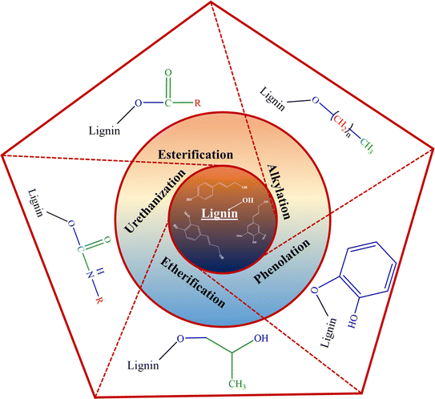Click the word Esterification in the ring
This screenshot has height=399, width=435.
pyautogui.click(x=195, y=152)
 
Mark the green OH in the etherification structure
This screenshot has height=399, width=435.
pyautogui.click(x=259, y=339)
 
